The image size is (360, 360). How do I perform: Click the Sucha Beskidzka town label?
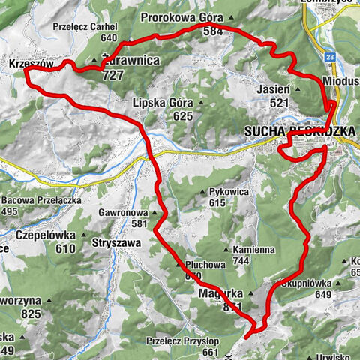pyautogui.click(x=299, y=131)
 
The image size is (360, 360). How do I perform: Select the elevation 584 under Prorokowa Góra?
pyautogui.click(x=212, y=31)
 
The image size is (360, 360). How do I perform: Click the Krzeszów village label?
pyautogui.click(x=31, y=65)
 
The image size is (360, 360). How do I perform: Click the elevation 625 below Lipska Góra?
pyautogui.click(x=182, y=116)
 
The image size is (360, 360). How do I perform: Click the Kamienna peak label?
pyautogui.click(x=251, y=250)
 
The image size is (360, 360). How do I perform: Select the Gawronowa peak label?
pyautogui.click(x=123, y=212)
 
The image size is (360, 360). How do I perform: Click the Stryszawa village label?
pyautogui.click(x=116, y=243)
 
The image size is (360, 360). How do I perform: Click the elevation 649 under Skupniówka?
pyautogui.click(x=323, y=295)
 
